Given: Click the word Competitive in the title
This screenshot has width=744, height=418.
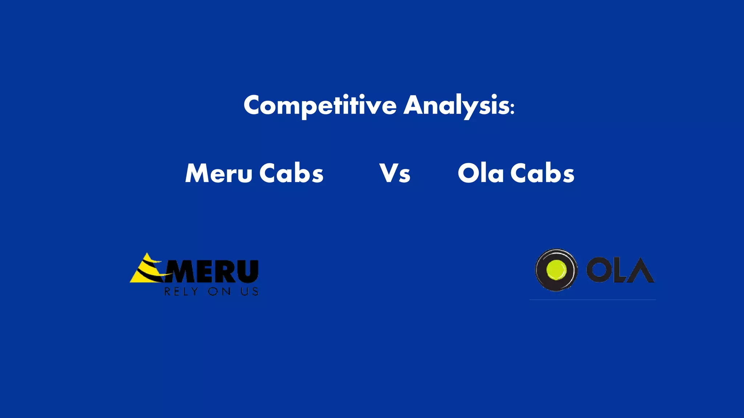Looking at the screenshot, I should click(320, 105).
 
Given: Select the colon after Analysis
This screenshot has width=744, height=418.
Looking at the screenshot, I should click(512, 108).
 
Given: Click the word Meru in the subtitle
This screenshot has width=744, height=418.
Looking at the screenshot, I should click(218, 173).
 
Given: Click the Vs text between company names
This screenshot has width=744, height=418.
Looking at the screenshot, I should click(395, 173).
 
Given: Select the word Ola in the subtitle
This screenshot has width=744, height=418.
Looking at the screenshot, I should click(480, 173).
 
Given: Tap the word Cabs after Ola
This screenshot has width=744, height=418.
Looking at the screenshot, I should click(542, 173).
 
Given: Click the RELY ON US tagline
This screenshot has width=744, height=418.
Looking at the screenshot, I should click(211, 291).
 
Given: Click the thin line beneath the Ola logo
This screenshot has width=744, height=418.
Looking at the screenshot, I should click(592, 300).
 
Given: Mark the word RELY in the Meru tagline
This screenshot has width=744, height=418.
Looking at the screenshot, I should click(181, 291).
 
